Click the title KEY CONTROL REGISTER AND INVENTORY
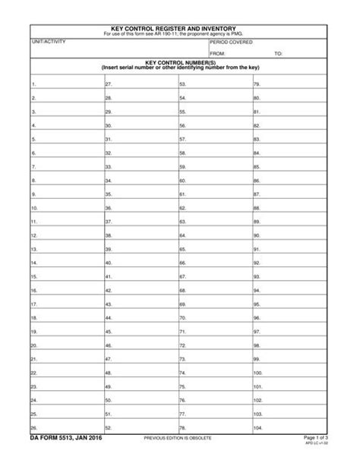click(180, 27)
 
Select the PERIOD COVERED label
click(232, 43)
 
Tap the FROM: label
click(218, 54)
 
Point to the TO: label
click(278, 54)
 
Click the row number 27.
click(109, 85)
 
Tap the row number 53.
click(182, 85)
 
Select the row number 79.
click(257, 85)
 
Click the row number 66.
click(182, 263)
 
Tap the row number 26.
click(34, 427)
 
